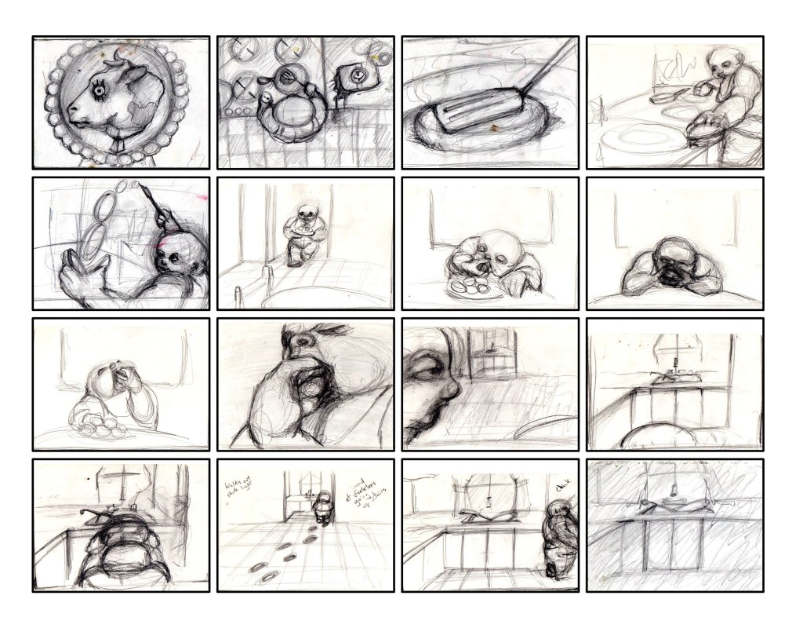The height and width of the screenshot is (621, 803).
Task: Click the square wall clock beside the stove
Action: click(x=356, y=76)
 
